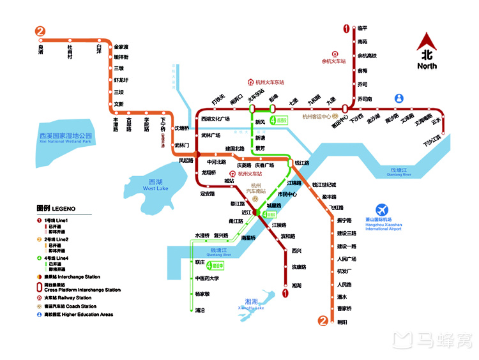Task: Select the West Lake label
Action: pyautogui.click(x=155, y=185)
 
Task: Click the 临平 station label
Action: pyautogui.click(x=362, y=28)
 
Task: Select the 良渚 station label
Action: pyautogui.click(x=41, y=50)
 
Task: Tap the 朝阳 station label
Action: pyautogui.click(x=343, y=322)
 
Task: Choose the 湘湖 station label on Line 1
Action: pyautogui.click(x=297, y=285)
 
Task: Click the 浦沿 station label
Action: pyautogui.click(x=200, y=310)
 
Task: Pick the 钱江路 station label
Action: pyautogui.click(x=302, y=163)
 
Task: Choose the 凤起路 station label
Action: pyautogui.click(x=185, y=160)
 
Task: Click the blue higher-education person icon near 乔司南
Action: pyautogui.click(x=400, y=98)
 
